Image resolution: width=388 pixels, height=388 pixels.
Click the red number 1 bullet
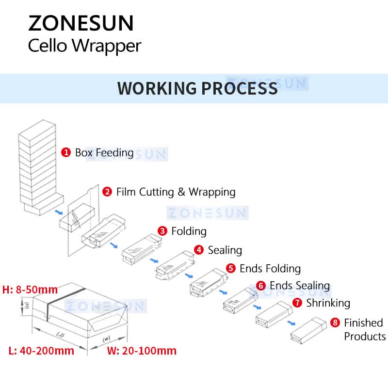pyautogui.click(x=65, y=152)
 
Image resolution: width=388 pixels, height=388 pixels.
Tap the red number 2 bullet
pyautogui.click(x=107, y=192)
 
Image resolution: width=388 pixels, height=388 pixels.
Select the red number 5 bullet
pyautogui.click(x=231, y=268)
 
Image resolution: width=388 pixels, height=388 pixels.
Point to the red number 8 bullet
pyautogui.click(x=335, y=323)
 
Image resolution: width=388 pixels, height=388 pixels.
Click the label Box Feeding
pyautogui.click(x=104, y=152)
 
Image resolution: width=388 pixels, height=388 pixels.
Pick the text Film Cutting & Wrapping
pyautogui.click(x=176, y=192)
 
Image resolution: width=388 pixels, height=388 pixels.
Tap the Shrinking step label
pyautogui.click(x=328, y=303)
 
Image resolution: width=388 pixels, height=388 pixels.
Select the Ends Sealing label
pyautogui.click(x=300, y=285)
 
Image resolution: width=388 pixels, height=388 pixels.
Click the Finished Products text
pyautogui.click(x=364, y=329)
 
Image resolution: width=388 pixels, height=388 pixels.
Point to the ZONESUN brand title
pyautogui.click(x=81, y=23)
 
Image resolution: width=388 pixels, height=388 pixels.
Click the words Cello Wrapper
pyautogui.click(x=84, y=46)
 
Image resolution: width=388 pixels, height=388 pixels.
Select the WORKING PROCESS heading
pyautogui.click(x=197, y=88)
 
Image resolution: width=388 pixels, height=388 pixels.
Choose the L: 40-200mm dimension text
pyautogui.click(x=41, y=350)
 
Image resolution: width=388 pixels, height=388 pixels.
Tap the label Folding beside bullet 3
pyautogui.click(x=189, y=231)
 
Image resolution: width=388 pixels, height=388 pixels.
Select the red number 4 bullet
pyautogui.click(x=199, y=250)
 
